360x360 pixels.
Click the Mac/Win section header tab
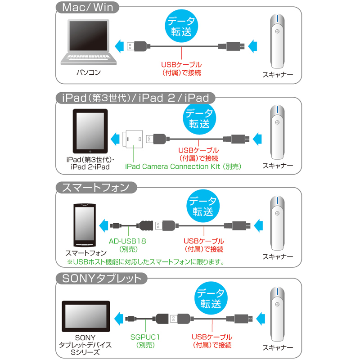pyautogui.click(x=87, y=8)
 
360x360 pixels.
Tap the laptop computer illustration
pyautogui.click(x=89, y=42)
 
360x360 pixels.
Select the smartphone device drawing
pyautogui.click(x=85, y=225)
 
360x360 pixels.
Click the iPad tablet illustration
pyautogui.click(x=90, y=131)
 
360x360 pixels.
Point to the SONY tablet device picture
pyautogui.click(x=86, y=316)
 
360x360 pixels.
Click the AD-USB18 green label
pyautogui.click(x=128, y=245)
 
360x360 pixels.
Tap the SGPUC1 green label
pyautogui.click(x=145, y=341)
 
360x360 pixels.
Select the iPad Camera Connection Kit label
pyautogui.click(x=183, y=166)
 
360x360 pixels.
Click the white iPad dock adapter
pyautogui.click(x=132, y=139)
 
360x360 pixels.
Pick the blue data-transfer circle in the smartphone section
pyautogui.click(x=203, y=206)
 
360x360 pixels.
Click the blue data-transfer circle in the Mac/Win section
pyautogui.click(x=181, y=26)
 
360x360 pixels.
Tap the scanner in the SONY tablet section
pyautogui.click(x=277, y=314)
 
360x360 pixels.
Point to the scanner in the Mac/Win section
pyautogui.click(x=277, y=41)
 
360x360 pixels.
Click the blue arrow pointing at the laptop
pyautogui.click(x=119, y=46)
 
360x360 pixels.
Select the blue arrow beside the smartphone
pyautogui.click(x=103, y=225)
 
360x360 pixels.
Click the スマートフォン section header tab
pyautogui.click(x=96, y=188)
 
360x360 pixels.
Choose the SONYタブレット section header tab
pyautogui.click(x=102, y=279)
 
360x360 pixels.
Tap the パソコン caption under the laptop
pyautogui.click(x=89, y=72)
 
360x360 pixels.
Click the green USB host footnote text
pyautogui.click(x=145, y=262)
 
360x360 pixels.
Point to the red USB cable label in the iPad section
pyautogui.click(x=198, y=154)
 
